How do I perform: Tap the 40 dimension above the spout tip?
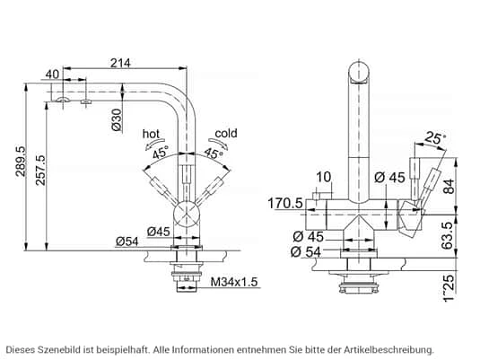pyautogui.click(x=52, y=75)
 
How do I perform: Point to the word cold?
pyautogui.click(x=226, y=134)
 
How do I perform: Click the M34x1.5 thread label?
pyautogui.click(x=233, y=283)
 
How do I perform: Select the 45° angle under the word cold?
pyautogui.click(x=214, y=152)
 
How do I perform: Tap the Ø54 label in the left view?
pyautogui.click(x=126, y=240)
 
